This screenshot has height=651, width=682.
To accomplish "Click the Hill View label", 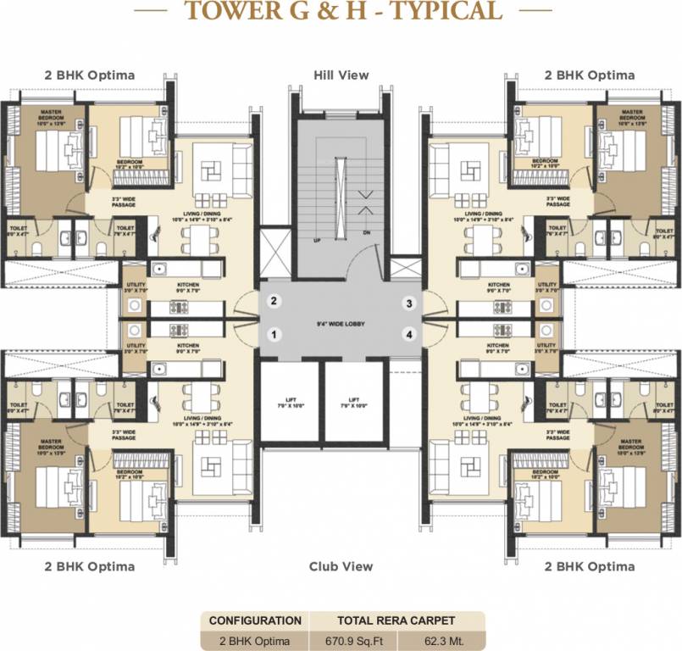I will [341, 75].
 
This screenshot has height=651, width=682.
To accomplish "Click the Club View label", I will [341, 566].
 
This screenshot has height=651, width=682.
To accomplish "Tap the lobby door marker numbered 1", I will [274, 335].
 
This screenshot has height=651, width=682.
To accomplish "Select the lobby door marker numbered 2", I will [274, 300].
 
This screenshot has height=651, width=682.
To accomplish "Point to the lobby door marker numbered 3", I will [408, 303].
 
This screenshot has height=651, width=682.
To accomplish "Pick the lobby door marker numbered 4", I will [408, 335].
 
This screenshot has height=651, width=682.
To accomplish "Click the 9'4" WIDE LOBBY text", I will [341, 322].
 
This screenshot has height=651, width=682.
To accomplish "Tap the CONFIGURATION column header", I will [255, 620].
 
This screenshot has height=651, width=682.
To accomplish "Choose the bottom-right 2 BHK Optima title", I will [590, 566].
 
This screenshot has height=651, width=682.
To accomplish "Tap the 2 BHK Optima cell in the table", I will [255, 640].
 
